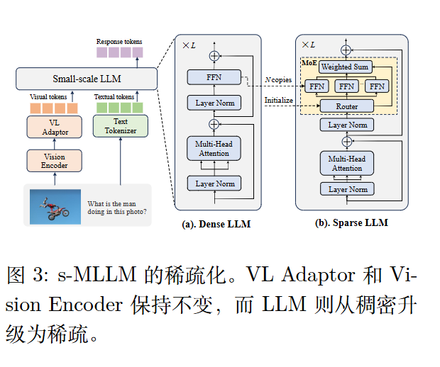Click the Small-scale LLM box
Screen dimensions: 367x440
pos(87,79)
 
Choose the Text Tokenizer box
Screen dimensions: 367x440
pos(120,126)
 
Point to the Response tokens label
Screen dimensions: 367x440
pos(119,42)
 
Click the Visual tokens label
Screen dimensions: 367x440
pos(49,96)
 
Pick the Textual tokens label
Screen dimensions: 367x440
pos(114,96)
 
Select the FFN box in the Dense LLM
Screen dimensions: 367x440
pos(214,78)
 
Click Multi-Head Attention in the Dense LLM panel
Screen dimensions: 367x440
pos(214,149)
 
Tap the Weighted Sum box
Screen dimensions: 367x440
pos(346,67)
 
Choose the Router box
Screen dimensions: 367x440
pos(347,106)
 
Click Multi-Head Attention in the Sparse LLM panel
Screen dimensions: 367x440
pos(347,164)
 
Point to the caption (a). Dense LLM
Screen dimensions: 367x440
pos(212,225)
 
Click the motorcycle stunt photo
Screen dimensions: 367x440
pos(55,205)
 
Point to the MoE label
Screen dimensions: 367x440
pos(309,62)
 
